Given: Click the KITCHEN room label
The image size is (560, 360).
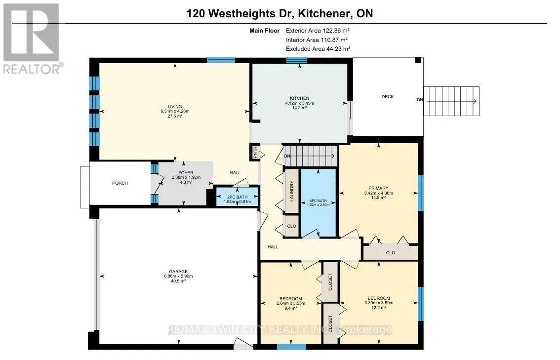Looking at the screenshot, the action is (x=299, y=98).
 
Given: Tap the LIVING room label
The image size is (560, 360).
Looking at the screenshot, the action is (x=175, y=107).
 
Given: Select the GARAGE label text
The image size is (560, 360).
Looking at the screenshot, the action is (x=178, y=272).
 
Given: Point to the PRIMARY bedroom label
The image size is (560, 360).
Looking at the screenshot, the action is (x=378, y=188).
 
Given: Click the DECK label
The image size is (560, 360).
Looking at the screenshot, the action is (x=388, y=97).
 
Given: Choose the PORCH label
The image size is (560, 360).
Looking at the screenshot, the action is (x=120, y=183).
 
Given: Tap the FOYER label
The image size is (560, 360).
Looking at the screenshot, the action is (x=186, y=173).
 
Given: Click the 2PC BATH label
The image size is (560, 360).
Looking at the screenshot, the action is (x=237, y=197).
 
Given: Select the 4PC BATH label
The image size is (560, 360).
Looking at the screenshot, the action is (x=318, y=200).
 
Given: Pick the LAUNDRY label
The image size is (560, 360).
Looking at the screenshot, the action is (x=292, y=191).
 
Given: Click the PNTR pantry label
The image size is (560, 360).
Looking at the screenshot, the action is (x=255, y=153).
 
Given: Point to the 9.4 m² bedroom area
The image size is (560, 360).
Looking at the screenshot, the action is (x=291, y=308).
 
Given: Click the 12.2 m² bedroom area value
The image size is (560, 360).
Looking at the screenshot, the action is (x=379, y=308).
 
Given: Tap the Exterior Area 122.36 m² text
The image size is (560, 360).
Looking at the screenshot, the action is (x=318, y=31).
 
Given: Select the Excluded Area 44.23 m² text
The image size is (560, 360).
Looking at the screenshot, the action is (x=318, y=49).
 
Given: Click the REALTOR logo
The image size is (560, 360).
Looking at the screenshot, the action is (x=32, y=39).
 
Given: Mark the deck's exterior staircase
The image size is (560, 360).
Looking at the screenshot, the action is (x=451, y=101).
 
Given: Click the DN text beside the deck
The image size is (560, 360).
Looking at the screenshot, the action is (x=420, y=100).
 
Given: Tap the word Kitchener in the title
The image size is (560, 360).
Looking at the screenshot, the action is (x=323, y=13).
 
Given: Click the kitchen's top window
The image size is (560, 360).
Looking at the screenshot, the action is (x=296, y=60).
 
